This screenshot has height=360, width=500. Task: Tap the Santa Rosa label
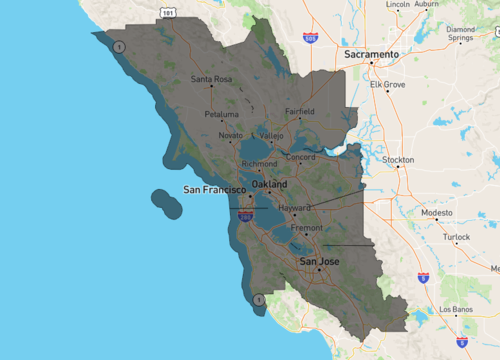tap(211, 79)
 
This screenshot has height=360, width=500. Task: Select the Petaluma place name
tap(222, 115)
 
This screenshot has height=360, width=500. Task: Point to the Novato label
tap(230, 134)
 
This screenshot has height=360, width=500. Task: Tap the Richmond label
tap(259, 163)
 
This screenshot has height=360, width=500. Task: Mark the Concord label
tap(301, 157)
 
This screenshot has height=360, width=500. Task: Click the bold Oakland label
tap(269, 185)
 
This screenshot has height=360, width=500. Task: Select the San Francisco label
tap(215, 188)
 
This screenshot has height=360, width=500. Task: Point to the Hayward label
tap(295, 207)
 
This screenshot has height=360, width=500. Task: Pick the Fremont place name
tap(306, 228)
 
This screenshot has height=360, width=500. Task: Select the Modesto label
tap(436, 213)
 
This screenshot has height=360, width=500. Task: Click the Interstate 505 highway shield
tap(311, 39)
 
